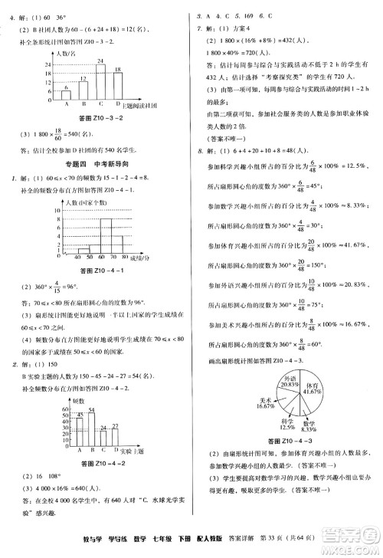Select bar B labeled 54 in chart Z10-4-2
click(90, 429)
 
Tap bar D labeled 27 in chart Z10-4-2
click(115, 440)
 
